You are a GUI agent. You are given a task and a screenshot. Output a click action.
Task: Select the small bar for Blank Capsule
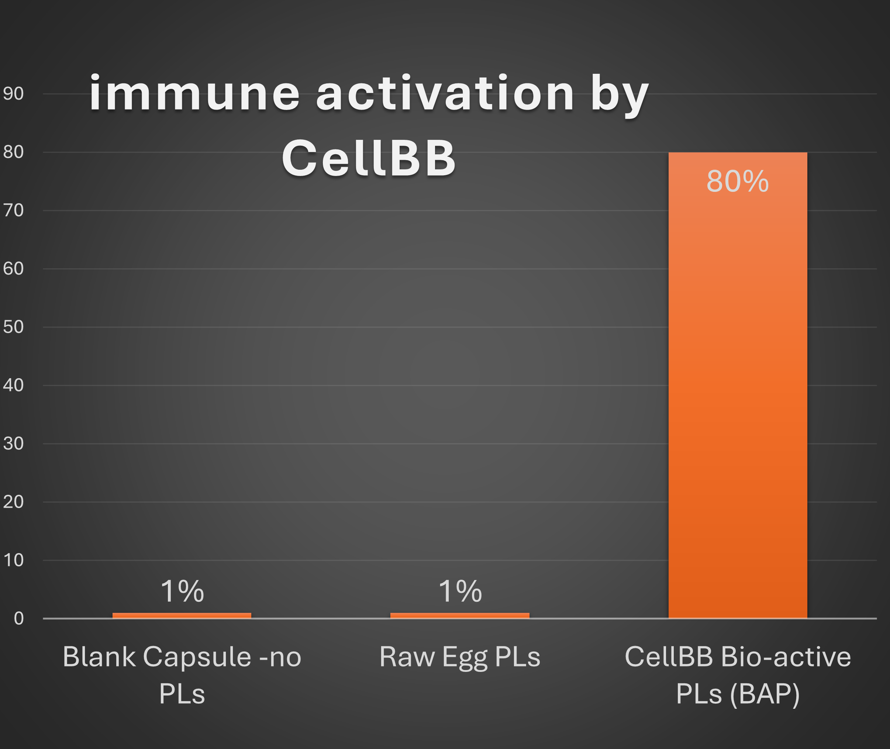click(182, 615)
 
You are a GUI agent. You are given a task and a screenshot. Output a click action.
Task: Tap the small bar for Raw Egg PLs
click(460, 615)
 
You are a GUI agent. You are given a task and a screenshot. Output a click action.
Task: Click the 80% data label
click(738, 181)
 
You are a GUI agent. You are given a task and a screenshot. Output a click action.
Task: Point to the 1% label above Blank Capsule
click(182, 591)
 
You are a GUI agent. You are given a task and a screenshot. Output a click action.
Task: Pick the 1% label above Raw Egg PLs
click(460, 591)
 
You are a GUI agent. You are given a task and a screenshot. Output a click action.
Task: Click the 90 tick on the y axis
click(13, 93)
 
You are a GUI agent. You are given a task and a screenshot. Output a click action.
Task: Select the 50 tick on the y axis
click(13, 327)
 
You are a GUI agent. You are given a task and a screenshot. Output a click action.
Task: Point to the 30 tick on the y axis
click(13, 444)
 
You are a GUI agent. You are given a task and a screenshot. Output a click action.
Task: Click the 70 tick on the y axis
click(13, 210)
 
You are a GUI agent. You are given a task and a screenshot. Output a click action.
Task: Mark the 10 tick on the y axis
click(13, 560)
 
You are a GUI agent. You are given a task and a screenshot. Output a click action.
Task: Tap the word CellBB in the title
click(369, 158)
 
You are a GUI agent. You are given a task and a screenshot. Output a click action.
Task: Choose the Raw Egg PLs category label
click(460, 657)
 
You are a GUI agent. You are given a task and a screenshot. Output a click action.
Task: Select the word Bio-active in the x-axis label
click(786, 656)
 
